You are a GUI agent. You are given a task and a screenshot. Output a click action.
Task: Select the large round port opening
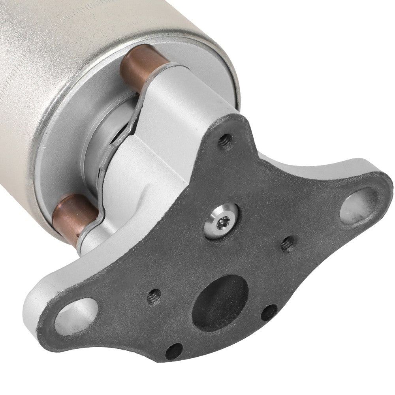click(220, 300)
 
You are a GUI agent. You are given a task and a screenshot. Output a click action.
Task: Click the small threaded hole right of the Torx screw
click(287, 245)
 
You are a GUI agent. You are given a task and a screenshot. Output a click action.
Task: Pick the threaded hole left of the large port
click(154, 295)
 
